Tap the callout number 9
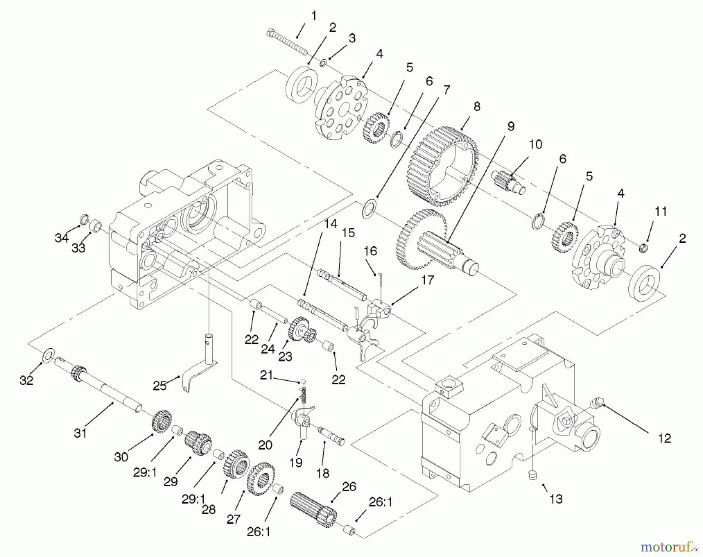point(510,126)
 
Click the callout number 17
point(428,280)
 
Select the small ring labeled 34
point(83,218)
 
